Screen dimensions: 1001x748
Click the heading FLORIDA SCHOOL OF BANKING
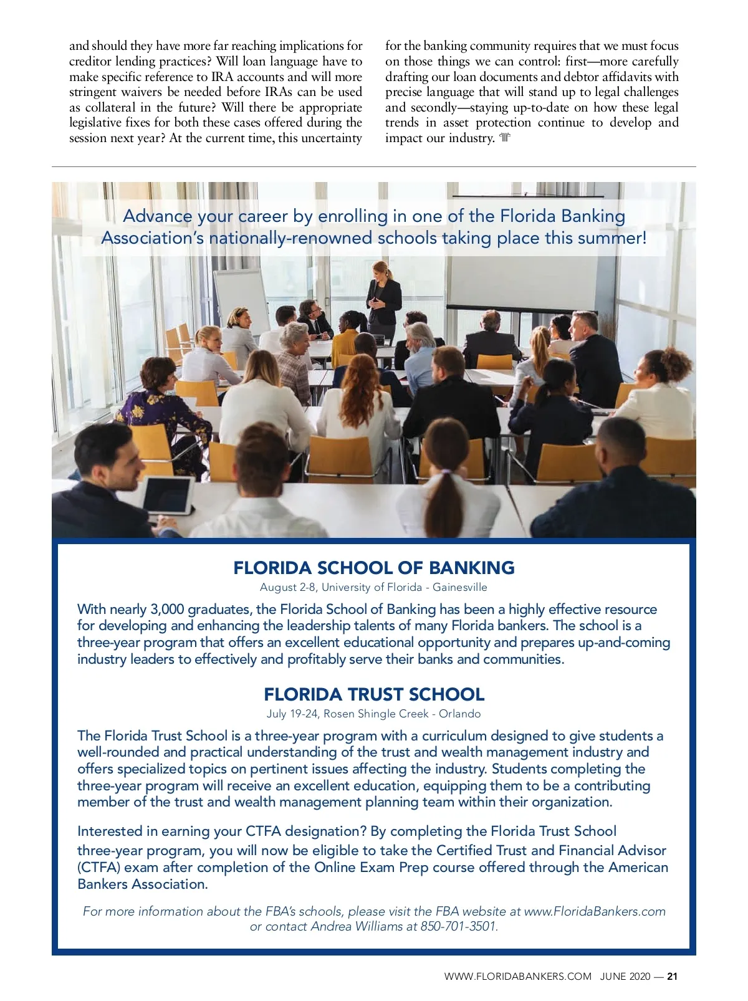pyautogui.click(x=374, y=568)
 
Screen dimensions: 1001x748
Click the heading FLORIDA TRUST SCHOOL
pyautogui.click(x=374, y=694)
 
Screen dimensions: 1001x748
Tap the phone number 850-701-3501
pyautogui.click(x=459, y=926)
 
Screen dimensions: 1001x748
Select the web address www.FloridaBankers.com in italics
pyautogui.click(x=595, y=911)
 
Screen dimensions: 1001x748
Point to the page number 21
pyautogui.click(x=672, y=977)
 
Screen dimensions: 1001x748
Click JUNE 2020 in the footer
pyautogui.click(x=625, y=977)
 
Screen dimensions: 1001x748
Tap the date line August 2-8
pyautogui.click(x=287, y=587)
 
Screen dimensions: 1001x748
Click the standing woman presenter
pyautogui.click(x=383, y=299)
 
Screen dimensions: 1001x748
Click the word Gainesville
pyautogui.click(x=460, y=587)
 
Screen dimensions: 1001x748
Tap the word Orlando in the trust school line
pyautogui.click(x=460, y=714)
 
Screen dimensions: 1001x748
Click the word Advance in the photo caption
pyautogui.click(x=158, y=216)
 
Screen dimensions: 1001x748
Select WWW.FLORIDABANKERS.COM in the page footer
pyautogui.click(x=517, y=977)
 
